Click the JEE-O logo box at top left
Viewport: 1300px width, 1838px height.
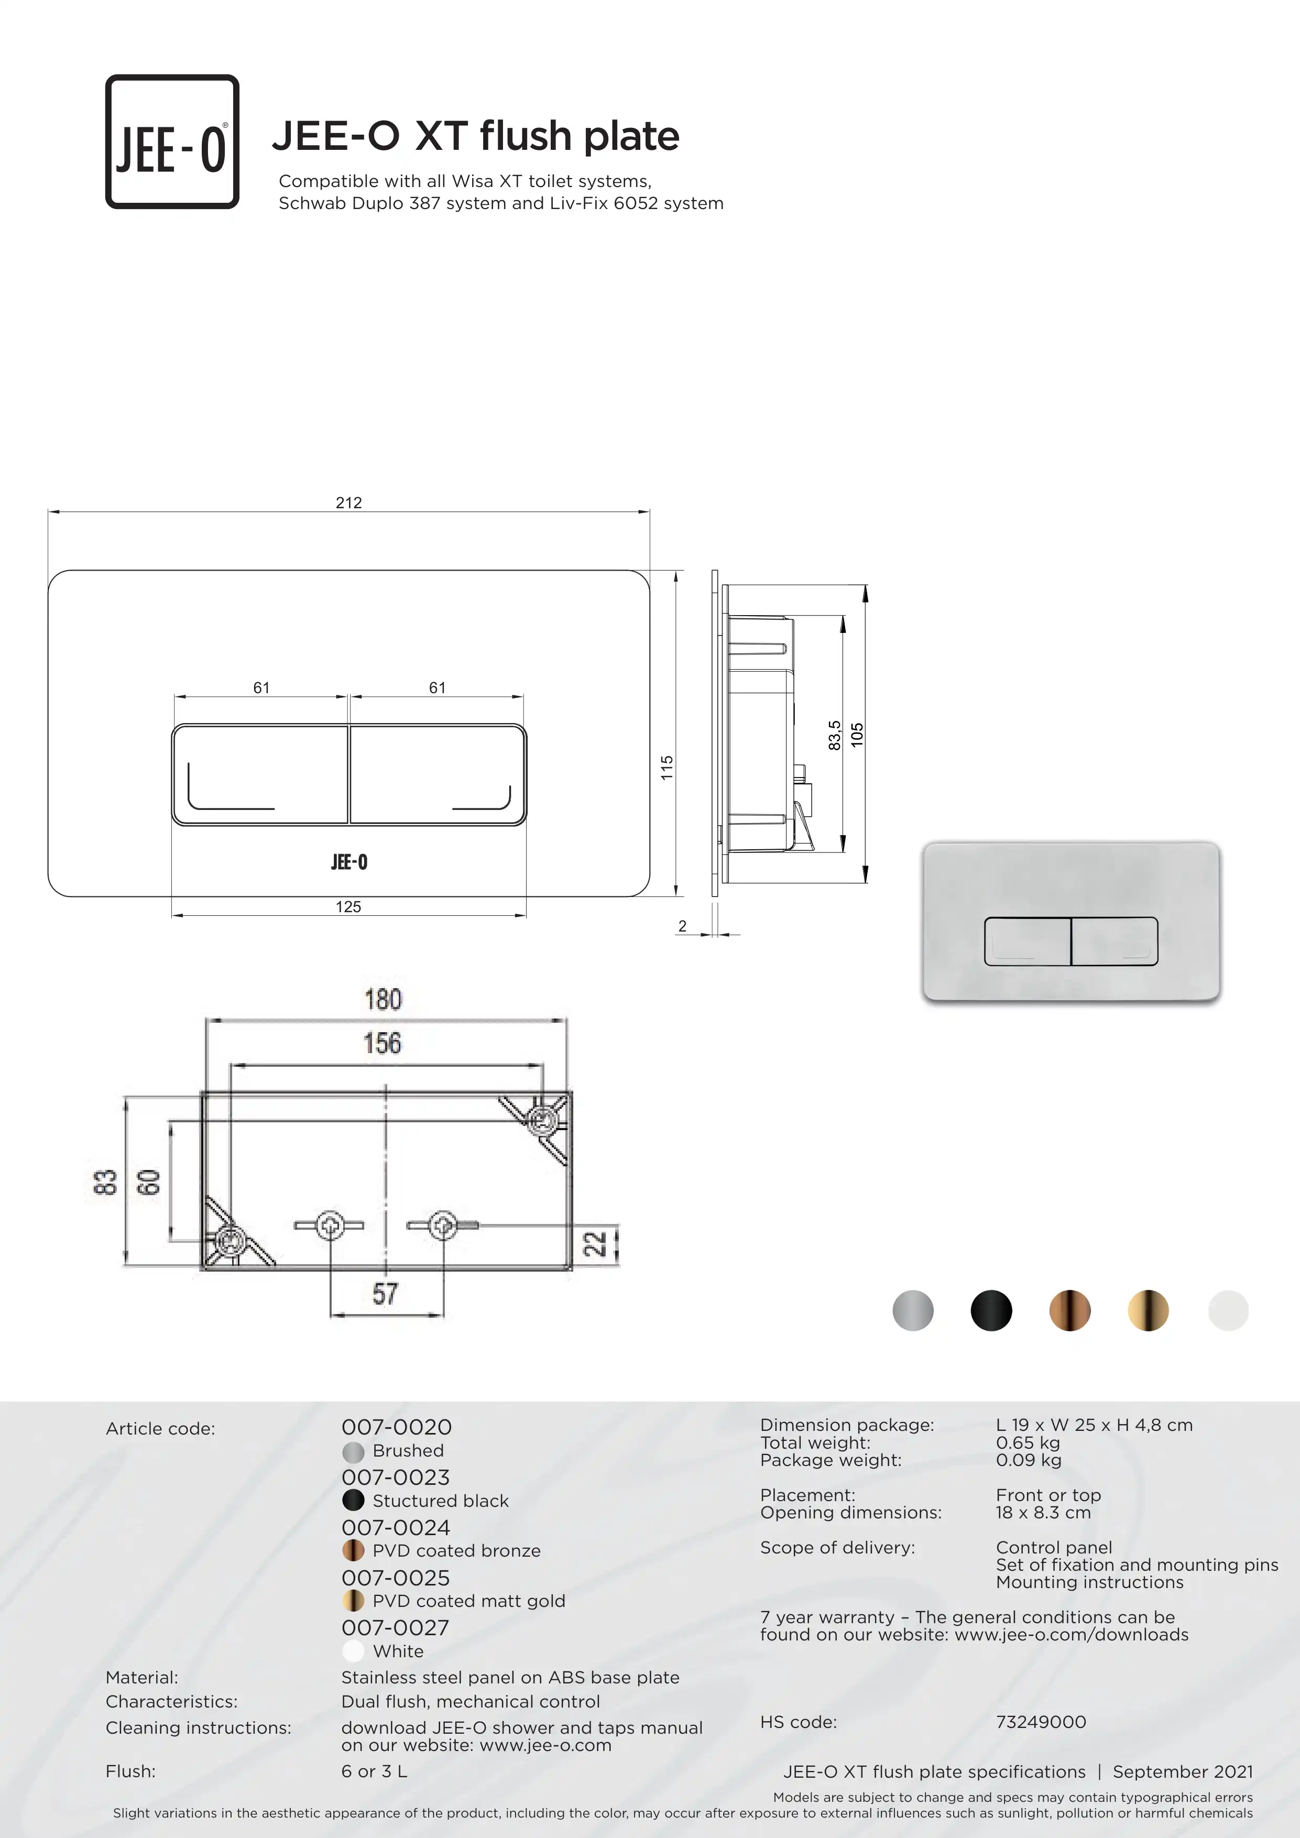click(x=172, y=141)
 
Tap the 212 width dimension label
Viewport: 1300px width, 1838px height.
click(x=348, y=503)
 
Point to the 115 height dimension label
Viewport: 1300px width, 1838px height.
click(x=667, y=768)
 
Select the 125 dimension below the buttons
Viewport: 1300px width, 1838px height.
click(x=348, y=907)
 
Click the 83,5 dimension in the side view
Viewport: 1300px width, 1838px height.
click(x=834, y=736)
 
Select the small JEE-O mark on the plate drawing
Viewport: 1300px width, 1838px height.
click(x=349, y=862)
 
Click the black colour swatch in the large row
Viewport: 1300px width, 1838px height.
click(x=991, y=1310)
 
